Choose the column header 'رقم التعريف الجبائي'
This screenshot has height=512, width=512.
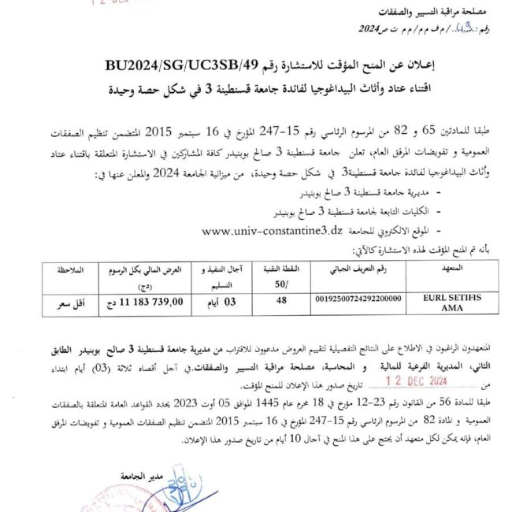[358, 269]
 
